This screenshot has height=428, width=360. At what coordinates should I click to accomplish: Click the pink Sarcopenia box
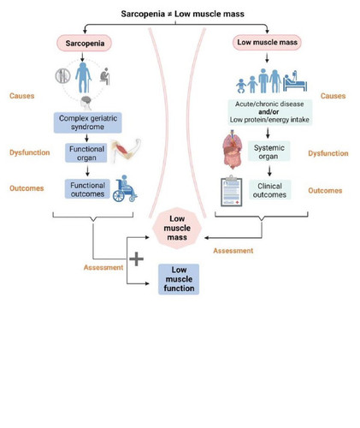coord(85,44)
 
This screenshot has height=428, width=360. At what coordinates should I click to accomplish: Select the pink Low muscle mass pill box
coord(267,42)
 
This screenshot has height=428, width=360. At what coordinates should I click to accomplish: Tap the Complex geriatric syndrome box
coord(88,122)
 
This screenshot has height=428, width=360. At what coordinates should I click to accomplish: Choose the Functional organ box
coord(86,153)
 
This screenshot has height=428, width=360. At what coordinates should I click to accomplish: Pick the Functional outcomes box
coord(87,189)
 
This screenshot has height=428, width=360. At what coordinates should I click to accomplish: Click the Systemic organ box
coord(269,152)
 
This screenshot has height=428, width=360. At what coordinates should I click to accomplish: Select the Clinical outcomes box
coord(269,190)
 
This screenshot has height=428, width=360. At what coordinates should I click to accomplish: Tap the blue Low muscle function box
coord(179,279)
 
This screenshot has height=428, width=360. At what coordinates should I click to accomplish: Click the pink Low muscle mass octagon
coord(177,228)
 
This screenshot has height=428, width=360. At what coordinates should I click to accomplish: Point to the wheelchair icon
coord(125,188)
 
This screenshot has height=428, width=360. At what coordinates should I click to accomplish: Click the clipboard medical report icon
coord(232,191)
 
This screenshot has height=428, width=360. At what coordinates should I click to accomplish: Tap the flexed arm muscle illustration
coord(126,151)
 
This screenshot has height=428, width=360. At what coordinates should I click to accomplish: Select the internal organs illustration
coord(233,149)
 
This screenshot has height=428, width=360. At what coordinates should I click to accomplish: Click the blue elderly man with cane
coord(83,78)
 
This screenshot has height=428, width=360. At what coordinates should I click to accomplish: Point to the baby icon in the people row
coord(241,86)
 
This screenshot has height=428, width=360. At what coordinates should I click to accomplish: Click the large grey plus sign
coord(136,259)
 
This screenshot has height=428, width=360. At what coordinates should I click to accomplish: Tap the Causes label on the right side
coord(333,96)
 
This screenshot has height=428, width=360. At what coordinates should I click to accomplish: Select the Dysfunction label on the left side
coord(30,152)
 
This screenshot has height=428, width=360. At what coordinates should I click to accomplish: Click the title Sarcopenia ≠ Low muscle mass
coord(182,14)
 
